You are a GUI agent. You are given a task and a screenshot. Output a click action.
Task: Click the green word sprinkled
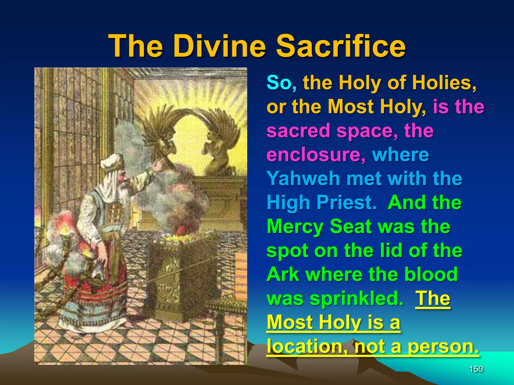[356, 298]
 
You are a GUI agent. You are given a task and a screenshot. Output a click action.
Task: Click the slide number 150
[476, 369]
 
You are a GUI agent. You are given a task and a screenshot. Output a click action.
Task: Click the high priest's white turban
[110, 162]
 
